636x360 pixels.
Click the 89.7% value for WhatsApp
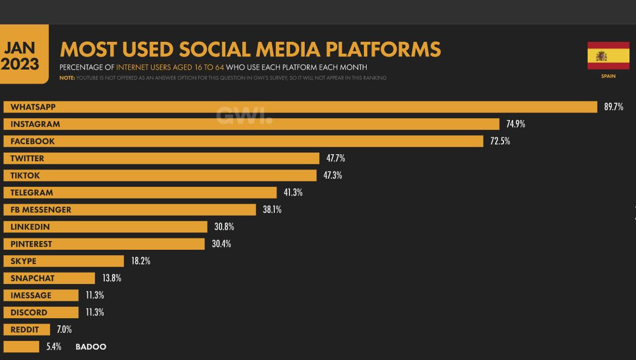click(x=613, y=107)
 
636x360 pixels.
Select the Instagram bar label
click(x=35, y=124)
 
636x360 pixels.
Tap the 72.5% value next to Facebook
click(x=500, y=141)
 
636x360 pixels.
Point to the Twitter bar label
click(x=27, y=159)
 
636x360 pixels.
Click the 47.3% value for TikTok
click(x=332, y=175)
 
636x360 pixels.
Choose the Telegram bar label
click(x=32, y=193)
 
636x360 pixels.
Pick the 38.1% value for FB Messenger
click(x=272, y=210)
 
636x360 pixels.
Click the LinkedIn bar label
click(x=30, y=227)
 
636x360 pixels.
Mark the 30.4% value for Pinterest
click(x=221, y=244)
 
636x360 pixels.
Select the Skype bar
click(x=64, y=261)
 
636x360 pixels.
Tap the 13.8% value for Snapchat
click(x=111, y=278)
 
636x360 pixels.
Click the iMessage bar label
click(x=31, y=295)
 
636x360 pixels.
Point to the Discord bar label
click(x=29, y=313)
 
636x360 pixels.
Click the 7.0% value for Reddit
click(x=64, y=330)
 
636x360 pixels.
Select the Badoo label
click(x=91, y=347)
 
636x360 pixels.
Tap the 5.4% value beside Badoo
click(x=54, y=347)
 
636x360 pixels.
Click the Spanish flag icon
click(x=608, y=56)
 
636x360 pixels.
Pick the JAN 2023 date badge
click(x=20, y=56)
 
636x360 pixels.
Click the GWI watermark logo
click(x=244, y=115)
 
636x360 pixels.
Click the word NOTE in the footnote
click(x=67, y=78)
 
